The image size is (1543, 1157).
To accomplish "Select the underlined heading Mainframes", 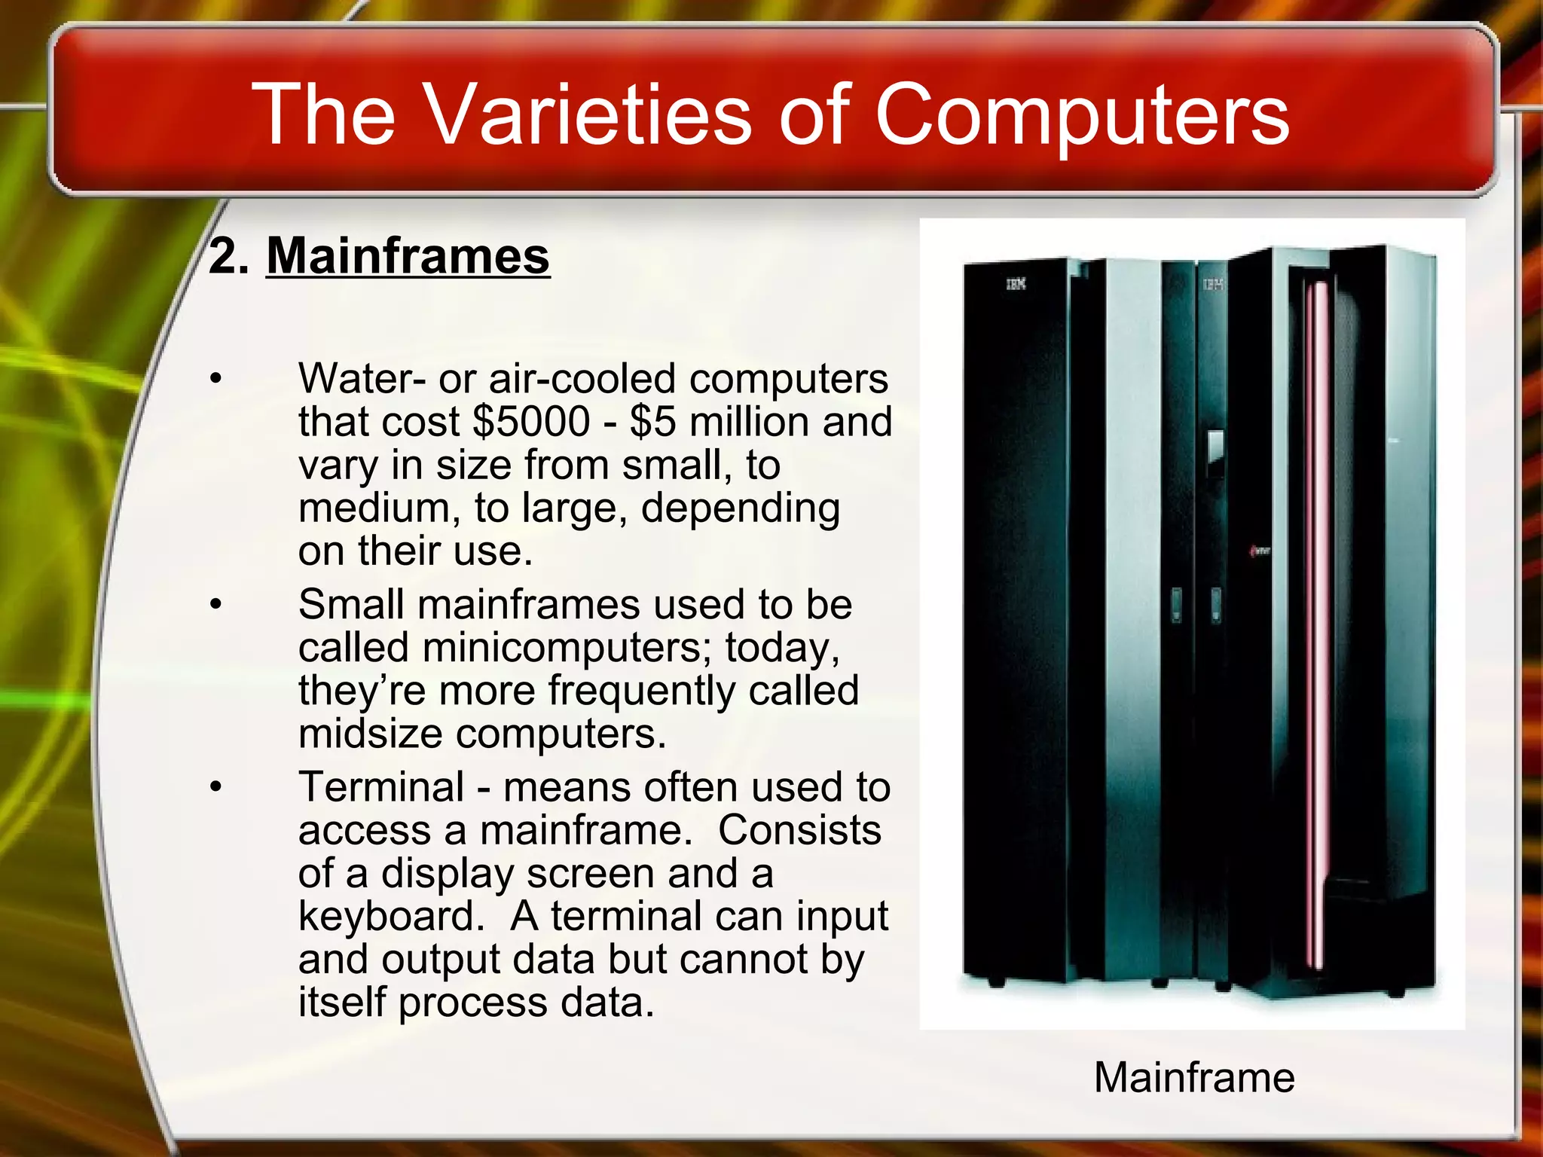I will pos(408,256).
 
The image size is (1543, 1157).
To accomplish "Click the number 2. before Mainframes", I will pos(229,256).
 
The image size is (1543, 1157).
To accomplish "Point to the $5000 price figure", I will pos(531,421).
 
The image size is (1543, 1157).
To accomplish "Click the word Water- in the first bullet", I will pos(362,378).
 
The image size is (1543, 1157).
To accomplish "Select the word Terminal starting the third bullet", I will pos(381,787).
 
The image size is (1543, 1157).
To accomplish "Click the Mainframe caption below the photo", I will pos(1194,1076).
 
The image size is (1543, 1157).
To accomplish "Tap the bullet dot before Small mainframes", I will pos(216,604).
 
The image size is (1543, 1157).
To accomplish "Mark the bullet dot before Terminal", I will pos(216,787).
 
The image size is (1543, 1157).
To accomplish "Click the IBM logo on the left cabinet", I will pos(1016,284).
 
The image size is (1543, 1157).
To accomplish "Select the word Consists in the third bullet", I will pos(799,830).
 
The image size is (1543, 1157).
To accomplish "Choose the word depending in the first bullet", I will pos(740,508).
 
